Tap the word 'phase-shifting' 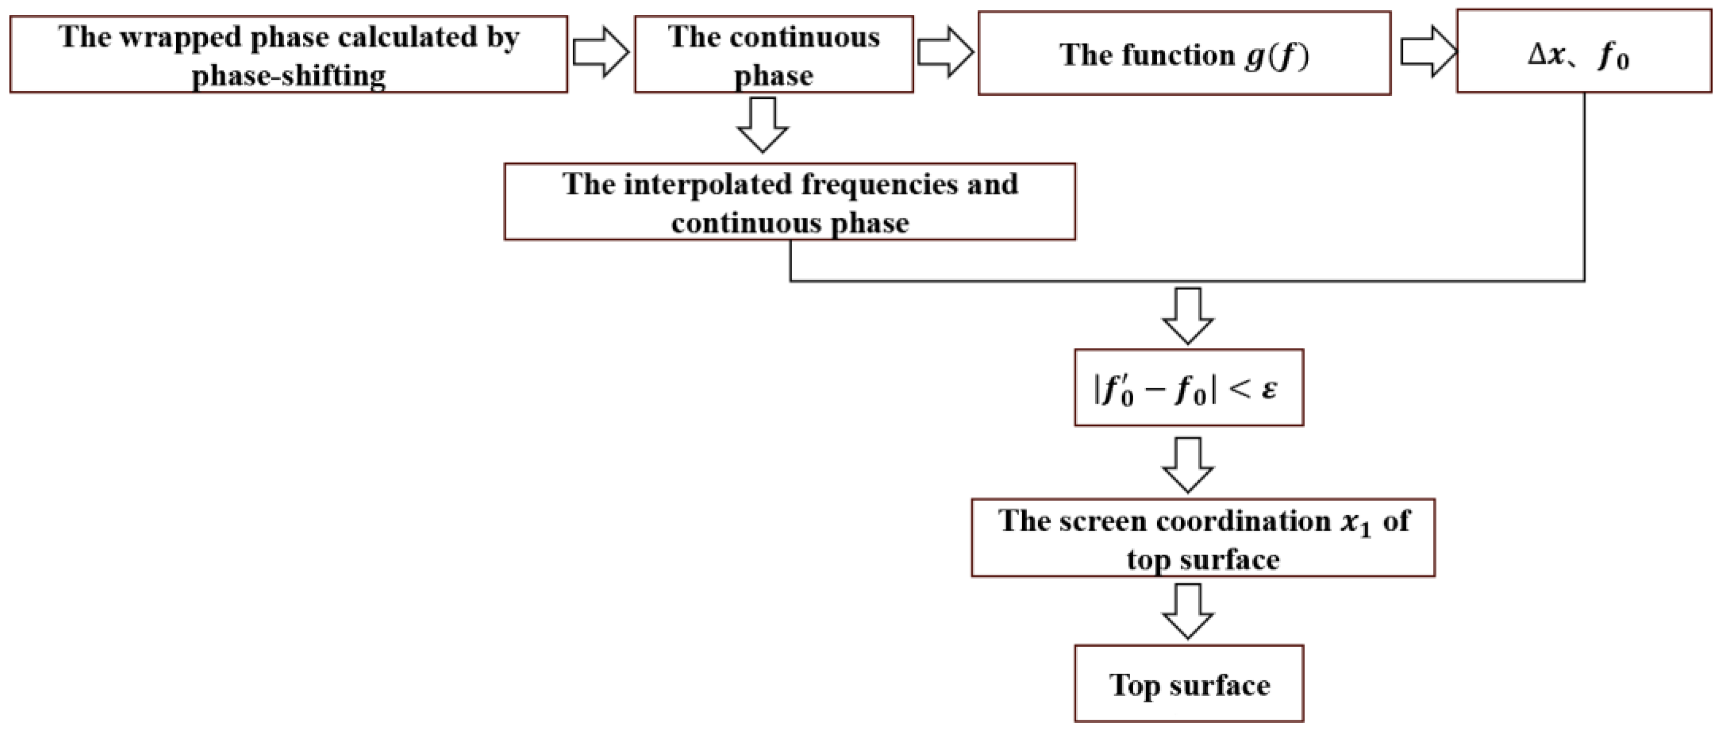[289, 76]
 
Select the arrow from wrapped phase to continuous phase [601, 52]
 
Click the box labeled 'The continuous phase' [774, 55]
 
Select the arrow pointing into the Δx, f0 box [1428, 52]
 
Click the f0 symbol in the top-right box [1613, 57]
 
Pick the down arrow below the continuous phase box [763, 125]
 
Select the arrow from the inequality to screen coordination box [1188, 465]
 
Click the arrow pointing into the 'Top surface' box [1188, 611]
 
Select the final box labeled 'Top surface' [1189, 684]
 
